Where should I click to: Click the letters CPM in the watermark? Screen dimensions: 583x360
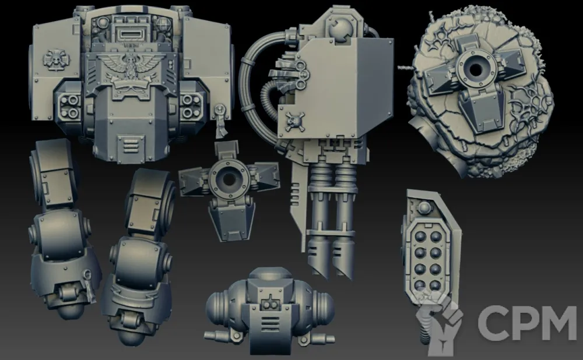click(x=527, y=323)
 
